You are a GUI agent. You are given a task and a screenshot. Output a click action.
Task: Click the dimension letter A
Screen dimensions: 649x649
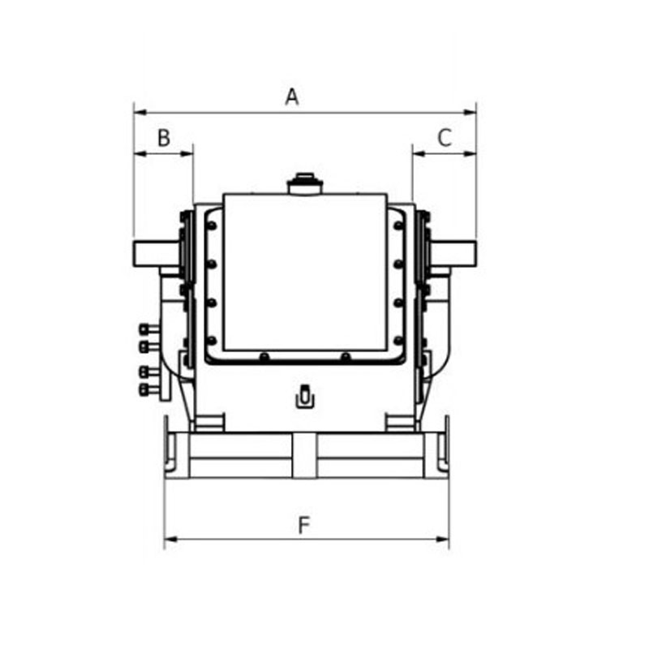tap(292, 97)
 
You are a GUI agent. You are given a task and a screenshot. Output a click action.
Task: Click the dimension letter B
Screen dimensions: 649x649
tap(164, 138)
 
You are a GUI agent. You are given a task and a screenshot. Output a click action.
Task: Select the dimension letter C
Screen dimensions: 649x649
tap(445, 138)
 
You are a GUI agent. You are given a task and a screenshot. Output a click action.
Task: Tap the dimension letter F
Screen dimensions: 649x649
tap(304, 525)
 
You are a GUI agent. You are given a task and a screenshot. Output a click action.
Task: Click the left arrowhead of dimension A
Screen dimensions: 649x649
tap(140, 112)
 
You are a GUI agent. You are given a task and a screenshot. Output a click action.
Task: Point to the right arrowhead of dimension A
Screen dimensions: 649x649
tap(470, 112)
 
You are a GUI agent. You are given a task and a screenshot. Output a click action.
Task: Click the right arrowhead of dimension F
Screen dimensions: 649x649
tap(442, 539)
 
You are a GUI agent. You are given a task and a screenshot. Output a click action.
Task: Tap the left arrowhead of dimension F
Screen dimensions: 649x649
tap(171, 539)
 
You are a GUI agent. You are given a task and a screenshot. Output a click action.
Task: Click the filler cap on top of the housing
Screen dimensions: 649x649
tap(305, 183)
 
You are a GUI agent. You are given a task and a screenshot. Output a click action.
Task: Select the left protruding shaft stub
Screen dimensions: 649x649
tap(156, 254)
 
